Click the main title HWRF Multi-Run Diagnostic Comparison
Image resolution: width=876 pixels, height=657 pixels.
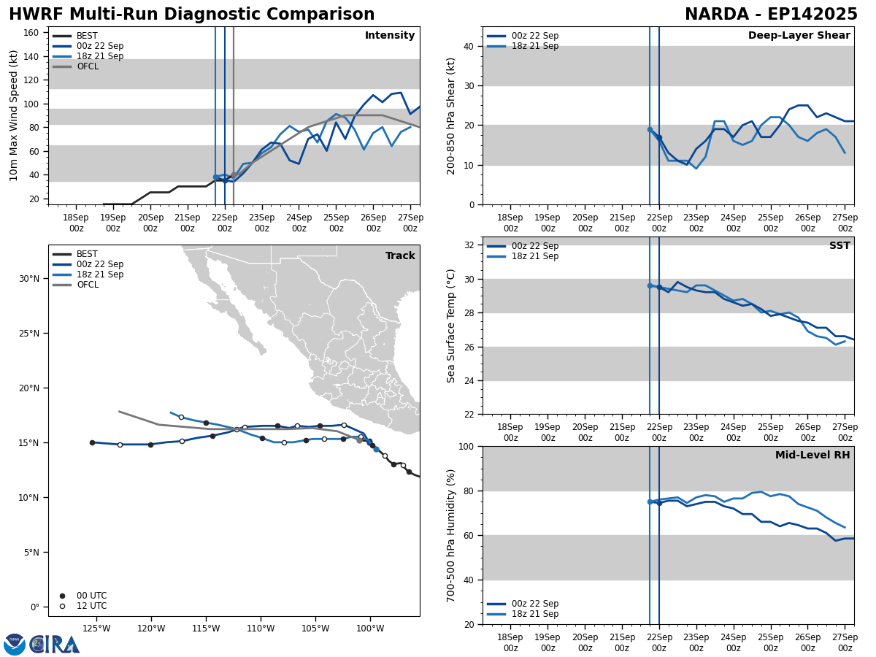click(x=191, y=15)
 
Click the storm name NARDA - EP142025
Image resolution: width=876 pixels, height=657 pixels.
click(x=771, y=15)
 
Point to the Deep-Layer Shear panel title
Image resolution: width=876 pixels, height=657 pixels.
click(x=799, y=36)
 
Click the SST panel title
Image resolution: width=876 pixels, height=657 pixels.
click(x=839, y=246)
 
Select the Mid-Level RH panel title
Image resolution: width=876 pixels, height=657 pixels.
click(x=812, y=456)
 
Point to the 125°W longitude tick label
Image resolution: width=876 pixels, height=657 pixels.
click(x=96, y=628)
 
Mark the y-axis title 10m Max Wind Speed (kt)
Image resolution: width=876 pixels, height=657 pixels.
click(x=14, y=115)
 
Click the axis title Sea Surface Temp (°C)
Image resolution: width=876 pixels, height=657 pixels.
click(x=451, y=326)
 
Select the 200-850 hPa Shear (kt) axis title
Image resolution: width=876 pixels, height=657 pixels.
click(x=451, y=115)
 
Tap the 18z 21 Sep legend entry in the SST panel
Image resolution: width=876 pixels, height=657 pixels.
click(x=534, y=256)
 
